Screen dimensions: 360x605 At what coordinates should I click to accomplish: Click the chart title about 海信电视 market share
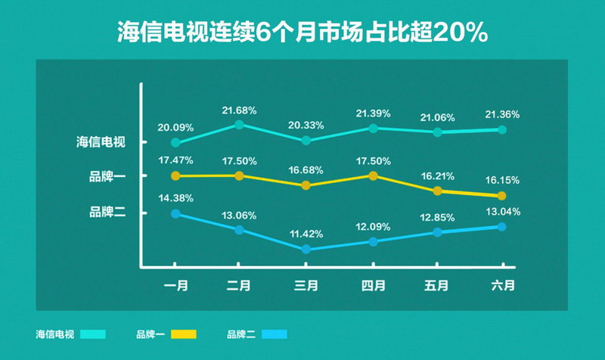(x=302, y=34)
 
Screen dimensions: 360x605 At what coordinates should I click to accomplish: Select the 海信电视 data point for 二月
(x=239, y=124)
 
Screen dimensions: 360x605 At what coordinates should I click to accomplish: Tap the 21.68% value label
(x=239, y=110)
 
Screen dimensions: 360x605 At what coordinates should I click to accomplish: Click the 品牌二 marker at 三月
(x=306, y=249)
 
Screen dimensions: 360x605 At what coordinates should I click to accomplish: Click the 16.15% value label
(x=502, y=182)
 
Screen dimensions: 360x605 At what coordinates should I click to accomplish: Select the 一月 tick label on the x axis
(x=175, y=286)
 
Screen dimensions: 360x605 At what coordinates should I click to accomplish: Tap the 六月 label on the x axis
(x=502, y=286)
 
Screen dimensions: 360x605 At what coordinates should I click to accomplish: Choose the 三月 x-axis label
(x=306, y=286)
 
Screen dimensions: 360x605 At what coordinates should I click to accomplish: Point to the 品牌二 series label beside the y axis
(x=107, y=213)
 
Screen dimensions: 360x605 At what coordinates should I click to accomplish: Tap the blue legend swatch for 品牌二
(x=275, y=334)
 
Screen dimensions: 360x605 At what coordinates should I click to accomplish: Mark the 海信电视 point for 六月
(x=502, y=129)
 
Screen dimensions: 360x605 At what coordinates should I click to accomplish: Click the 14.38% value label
(x=175, y=198)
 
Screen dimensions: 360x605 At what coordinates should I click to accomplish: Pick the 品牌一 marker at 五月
(x=437, y=191)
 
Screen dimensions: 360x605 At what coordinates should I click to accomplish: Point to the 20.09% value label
(x=175, y=127)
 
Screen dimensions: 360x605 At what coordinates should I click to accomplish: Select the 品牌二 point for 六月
(x=502, y=226)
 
